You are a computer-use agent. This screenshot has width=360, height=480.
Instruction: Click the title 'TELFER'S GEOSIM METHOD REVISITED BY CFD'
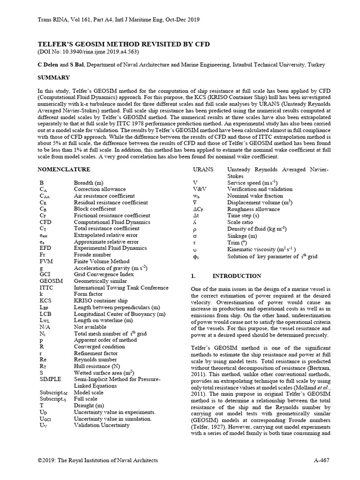point(125,44)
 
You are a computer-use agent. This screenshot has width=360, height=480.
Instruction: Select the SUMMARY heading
point(55,76)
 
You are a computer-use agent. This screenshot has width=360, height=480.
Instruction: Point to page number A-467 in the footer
point(322,461)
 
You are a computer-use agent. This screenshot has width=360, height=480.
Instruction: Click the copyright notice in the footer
point(97,461)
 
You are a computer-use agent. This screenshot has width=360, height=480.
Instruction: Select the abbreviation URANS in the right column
point(203,169)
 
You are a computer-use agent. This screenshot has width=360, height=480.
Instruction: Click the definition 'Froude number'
point(94,255)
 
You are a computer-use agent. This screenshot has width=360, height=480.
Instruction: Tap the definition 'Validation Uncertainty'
point(102,425)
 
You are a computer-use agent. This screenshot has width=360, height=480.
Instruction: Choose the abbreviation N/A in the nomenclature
point(45,327)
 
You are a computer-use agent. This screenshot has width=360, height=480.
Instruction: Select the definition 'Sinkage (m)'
point(242,236)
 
